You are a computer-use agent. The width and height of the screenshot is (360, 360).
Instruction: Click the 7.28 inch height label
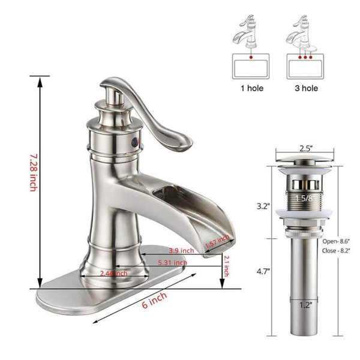pyautogui.click(x=33, y=173)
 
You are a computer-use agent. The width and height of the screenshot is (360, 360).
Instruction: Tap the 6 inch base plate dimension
pyautogui.click(x=154, y=301)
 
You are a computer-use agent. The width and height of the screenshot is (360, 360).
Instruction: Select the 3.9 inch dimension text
pyautogui.click(x=181, y=250)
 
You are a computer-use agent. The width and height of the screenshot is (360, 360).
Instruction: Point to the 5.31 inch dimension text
pyautogui.click(x=172, y=263)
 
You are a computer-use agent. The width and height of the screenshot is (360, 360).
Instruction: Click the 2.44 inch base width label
pyautogui.click(x=114, y=273)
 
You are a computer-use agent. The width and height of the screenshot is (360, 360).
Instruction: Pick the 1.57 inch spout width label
pyautogui.click(x=217, y=241)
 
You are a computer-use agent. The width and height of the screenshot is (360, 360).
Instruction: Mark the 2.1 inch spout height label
pyautogui.click(x=226, y=266)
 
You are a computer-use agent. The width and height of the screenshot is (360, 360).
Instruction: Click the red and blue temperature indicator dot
pyautogui.click(x=134, y=142)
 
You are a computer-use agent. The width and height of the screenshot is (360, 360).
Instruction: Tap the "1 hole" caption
pyautogui.click(x=252, y=88)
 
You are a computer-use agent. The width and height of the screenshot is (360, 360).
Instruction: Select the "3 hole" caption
pyautogui.click(x=306, y=88)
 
